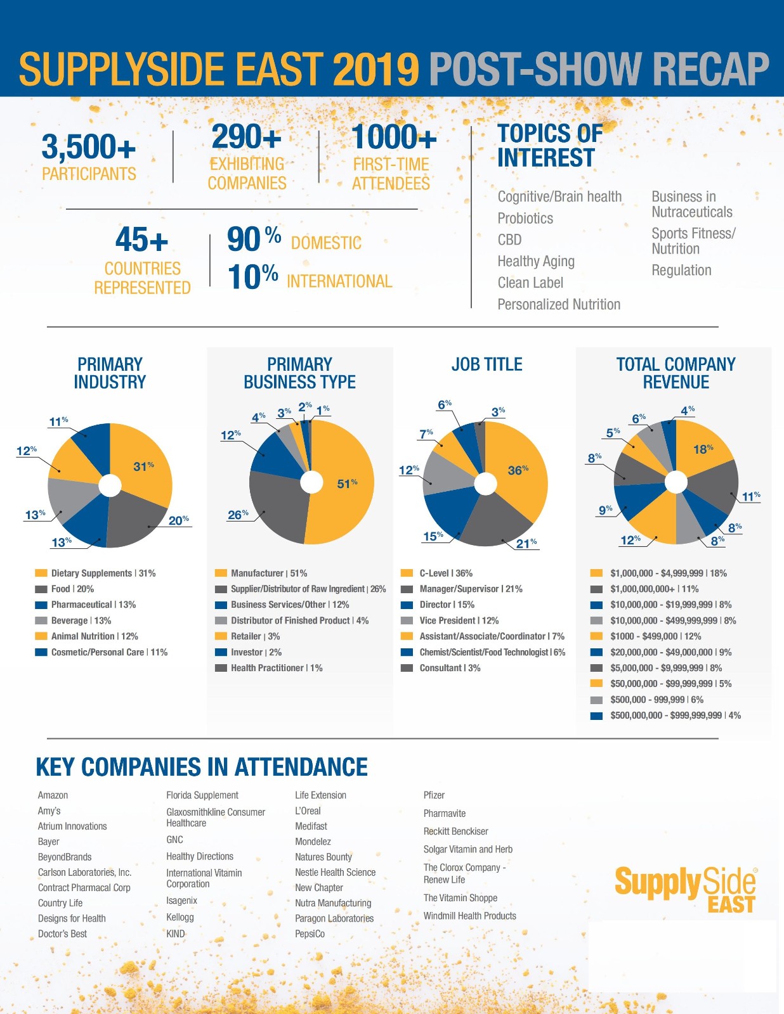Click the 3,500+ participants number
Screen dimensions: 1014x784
click(89, 147)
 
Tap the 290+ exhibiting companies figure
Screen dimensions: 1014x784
click(246, 137)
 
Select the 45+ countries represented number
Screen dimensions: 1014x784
click(141, 240)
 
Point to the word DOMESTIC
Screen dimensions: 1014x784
click(326, 243)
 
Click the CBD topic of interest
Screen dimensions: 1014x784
click(509, 240)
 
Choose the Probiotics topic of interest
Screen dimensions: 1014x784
click(525, 219)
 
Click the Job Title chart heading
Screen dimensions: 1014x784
click(487, 364)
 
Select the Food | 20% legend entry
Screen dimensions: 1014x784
click(72, 589)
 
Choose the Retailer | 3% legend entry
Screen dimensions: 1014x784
click(255, 636)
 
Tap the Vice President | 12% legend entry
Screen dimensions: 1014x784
click(459, 620)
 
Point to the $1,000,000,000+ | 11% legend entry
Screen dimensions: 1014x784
click(654, 589)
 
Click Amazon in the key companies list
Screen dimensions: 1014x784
click(53, 795)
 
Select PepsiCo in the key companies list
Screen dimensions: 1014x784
click(310, 934)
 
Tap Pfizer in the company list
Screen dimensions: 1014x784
click(434, 795)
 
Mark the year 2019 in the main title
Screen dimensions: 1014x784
click(376, 69)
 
